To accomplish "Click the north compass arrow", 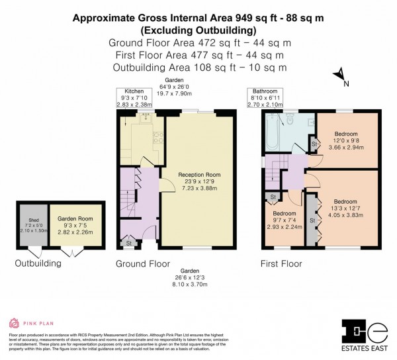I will tap(339, 75).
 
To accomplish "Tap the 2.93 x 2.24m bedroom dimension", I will tap(285, 227).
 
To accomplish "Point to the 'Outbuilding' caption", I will tap(38, 263).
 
